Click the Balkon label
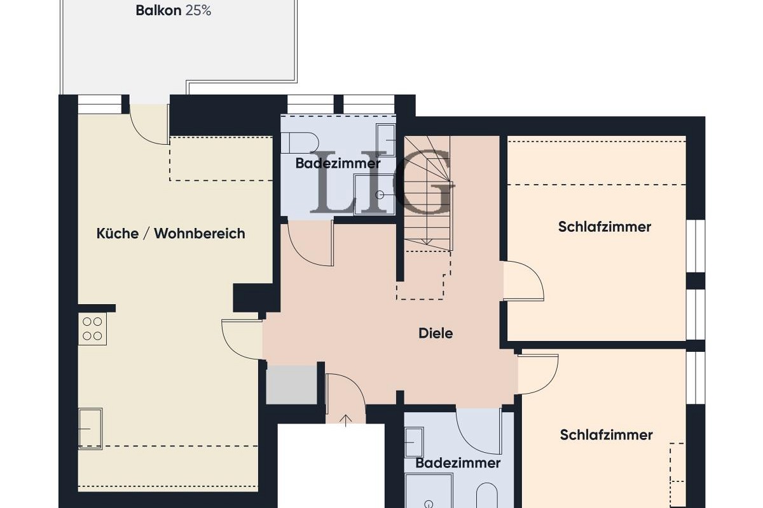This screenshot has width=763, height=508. point(158,11)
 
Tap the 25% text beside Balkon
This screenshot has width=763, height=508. point(198,11)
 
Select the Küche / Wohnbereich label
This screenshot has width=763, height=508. point(170,233)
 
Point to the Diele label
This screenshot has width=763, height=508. point(436,333)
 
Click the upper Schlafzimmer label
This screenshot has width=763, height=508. point(605,227)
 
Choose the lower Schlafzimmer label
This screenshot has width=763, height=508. point(606,435)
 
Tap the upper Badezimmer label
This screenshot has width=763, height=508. point(338,163)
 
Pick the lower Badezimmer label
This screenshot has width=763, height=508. point(458,463)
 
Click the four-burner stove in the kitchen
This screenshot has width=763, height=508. point(92,328)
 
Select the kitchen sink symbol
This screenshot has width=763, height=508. point(90,428)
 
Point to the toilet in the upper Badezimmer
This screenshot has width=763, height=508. point(300,144)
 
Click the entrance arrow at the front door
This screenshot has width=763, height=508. point(346,420)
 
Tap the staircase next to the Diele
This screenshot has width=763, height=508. point(428,194)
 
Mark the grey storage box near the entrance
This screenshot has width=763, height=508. point(291,384)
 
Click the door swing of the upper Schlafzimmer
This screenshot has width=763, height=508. point(524,281)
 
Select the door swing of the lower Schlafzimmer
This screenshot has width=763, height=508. point(538,374)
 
